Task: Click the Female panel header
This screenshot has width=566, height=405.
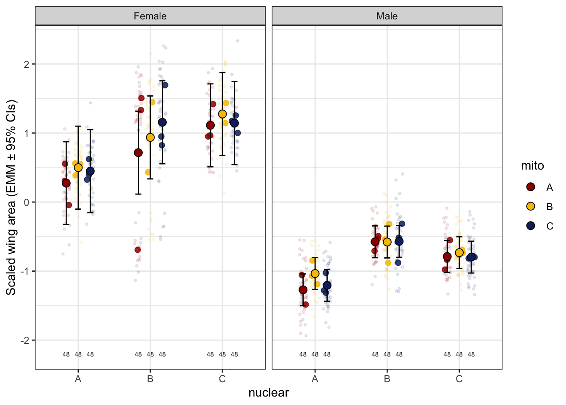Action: [x=150, y=16]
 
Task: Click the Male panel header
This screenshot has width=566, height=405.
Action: [x=387, y=16]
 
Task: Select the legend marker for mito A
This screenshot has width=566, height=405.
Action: [x=531, y=187]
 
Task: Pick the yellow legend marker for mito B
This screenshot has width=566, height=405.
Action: [x=531, y=206]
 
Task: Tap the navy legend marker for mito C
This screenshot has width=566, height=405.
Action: [x=531, y=226]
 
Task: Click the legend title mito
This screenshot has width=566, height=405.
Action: [x=532, y=166]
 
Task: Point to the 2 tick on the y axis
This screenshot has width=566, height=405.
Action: [x=27, y=64]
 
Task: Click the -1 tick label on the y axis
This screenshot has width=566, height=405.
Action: [x=25, y=271]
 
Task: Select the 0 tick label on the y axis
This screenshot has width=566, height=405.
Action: [x=27, y=202]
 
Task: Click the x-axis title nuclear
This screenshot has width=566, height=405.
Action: [x=269, y=393]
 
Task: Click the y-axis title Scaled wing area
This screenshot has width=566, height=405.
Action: [x=11, y=197]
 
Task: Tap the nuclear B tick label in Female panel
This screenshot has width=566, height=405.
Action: [x=150, y=379]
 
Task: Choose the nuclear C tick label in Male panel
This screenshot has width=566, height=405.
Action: [x=459, y=379]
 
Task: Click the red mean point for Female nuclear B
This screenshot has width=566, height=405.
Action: [x=138, y=152]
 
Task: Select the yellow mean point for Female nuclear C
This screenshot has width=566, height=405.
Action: [x=222, y=114]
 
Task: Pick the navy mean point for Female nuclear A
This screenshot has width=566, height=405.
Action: [x=90, y=171]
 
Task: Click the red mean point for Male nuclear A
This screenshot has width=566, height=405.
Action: [x=303, y=290]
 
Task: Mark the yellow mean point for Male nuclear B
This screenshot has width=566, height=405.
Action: [x=387, y=242]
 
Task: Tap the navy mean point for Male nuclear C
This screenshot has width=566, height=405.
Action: [x=471, y=257]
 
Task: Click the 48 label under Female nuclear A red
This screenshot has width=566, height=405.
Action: [x=66, y=354]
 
